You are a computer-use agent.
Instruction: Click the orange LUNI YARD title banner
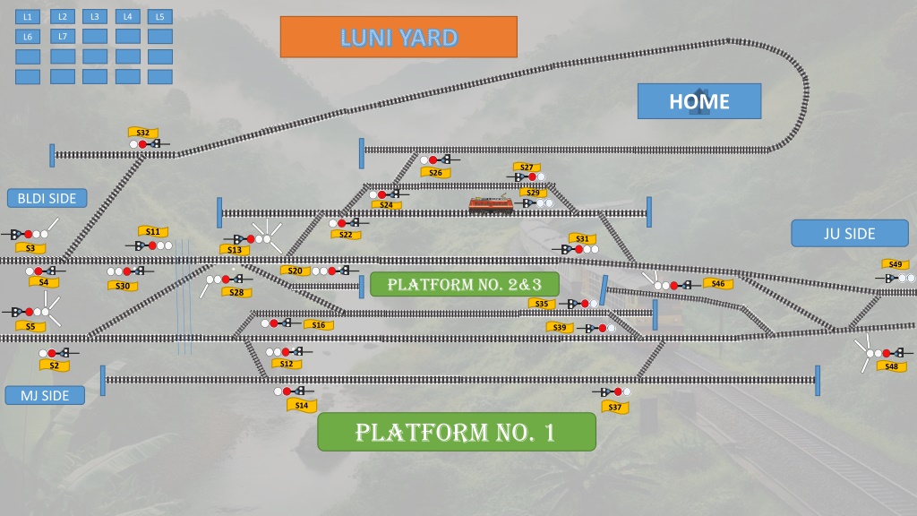click(x=399, y=37)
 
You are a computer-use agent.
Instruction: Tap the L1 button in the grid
click(x=28, y=17)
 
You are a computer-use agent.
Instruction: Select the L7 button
click(x=63, y=36)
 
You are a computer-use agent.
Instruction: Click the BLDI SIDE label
click(x=47, y=198)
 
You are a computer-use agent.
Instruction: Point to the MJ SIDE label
click(x=45, y=395)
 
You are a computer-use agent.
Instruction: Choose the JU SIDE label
click(x=850, y=234)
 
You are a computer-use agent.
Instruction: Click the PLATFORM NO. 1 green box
click(x=456, y=432)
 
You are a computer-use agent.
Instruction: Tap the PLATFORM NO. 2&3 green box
click(x=465, y=284)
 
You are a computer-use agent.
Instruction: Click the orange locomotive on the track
click(x=491, y=205)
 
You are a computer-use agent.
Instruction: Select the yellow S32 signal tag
click(x=143, y=133)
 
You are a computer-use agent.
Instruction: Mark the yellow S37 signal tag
click(x=614, y=408)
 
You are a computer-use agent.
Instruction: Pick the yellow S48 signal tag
click(x=891, y=366)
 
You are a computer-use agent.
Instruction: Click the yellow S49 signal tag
click(x=896, y=264)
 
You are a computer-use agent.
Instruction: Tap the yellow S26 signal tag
click(x=436, y=173)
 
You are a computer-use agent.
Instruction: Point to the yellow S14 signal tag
click(x=302, y=405)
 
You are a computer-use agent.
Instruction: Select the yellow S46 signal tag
click(x=718, y=284)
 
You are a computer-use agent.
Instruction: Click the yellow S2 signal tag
click(x=55, y=365)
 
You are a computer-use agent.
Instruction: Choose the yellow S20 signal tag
click(x=296, y=271)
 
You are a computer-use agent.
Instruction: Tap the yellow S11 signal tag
click(x=153, y=232)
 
